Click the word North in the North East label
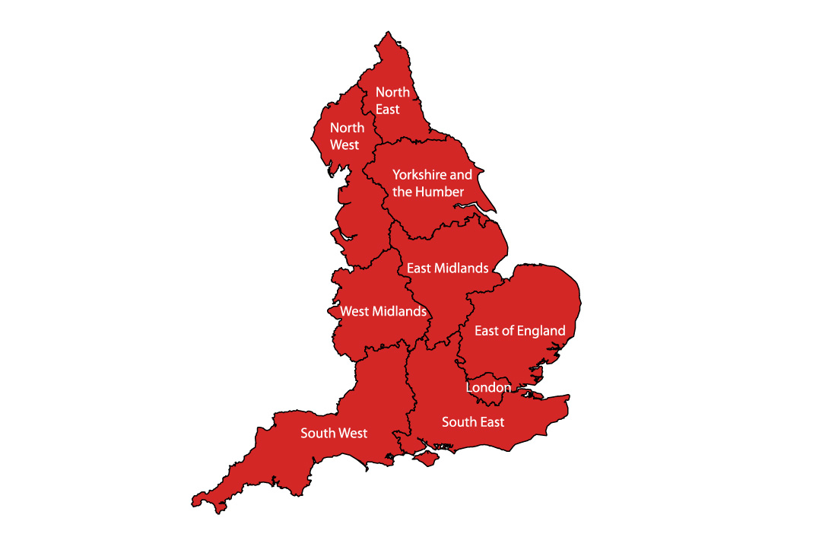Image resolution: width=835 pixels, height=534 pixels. pos(392,92)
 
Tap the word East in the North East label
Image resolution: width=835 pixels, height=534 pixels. pos(388,109)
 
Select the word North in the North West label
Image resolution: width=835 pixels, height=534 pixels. pos(347,128)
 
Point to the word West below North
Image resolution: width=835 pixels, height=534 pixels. pos(344,145)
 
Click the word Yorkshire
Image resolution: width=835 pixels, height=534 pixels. pos(419,175)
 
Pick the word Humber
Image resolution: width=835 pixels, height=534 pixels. pos(439,192)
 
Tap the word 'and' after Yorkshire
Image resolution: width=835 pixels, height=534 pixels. pos(461,175)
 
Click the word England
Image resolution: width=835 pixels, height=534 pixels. pos(543,330)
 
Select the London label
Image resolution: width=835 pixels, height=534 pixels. pos(488,387)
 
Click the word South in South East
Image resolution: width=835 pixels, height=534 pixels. pos(459,421)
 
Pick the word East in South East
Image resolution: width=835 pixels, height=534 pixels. pos(491,421)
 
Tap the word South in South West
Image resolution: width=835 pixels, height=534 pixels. pos(317,433)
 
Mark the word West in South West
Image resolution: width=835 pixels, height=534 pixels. pos(352,433)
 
